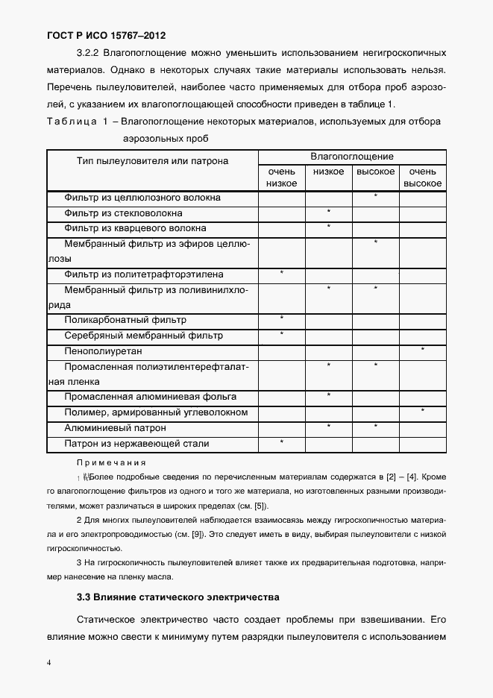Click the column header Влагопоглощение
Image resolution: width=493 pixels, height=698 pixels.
coord(351,157)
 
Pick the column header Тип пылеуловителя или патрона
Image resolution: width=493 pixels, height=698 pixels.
coord(152,160)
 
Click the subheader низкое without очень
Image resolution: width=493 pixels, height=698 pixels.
coord(328,172)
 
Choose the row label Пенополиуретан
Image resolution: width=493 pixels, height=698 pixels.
coord(103,350)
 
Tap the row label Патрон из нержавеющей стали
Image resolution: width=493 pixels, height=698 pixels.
coord(136,444)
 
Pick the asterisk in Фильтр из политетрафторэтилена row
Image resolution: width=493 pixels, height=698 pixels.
coord(281,273)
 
